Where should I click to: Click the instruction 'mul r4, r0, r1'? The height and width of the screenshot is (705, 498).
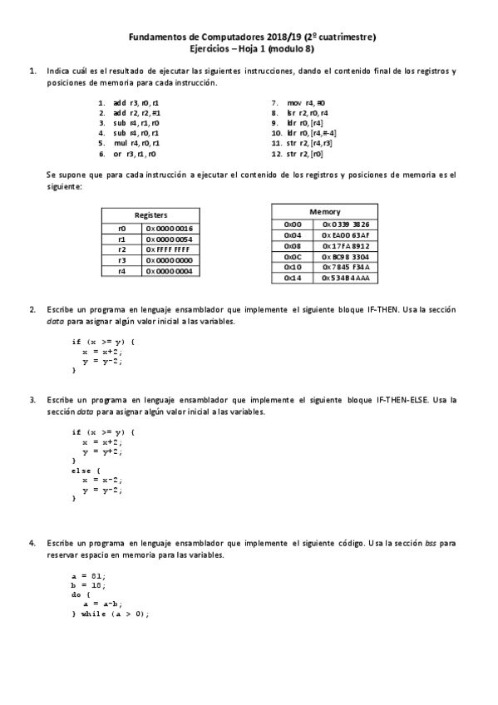[x=136, y=143]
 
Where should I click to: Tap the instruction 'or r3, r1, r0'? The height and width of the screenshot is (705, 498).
[x=135, y=154]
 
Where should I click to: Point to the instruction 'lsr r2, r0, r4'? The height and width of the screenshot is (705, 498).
[x=308, y=111]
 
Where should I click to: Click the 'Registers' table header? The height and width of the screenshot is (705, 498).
[x=150, y=214]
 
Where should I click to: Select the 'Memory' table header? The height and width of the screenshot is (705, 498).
[x=324, y=212]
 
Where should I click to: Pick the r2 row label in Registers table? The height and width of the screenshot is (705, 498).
[x=122, y=249]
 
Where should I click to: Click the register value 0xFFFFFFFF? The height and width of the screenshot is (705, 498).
[x=170, y=249]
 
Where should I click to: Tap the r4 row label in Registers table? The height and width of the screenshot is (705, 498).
[x=122, y=270]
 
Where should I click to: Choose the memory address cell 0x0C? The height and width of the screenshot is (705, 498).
[x=293, y=256]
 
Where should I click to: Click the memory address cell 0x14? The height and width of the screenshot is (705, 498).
[x=293, y=278]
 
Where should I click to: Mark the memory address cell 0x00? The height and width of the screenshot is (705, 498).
[x=293, y=224]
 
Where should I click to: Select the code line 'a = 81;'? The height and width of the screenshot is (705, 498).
[x=89, y=575]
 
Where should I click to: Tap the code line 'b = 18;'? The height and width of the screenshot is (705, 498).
[x=89, y=584]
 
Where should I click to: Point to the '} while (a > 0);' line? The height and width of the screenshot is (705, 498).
[x=111, y=614]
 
